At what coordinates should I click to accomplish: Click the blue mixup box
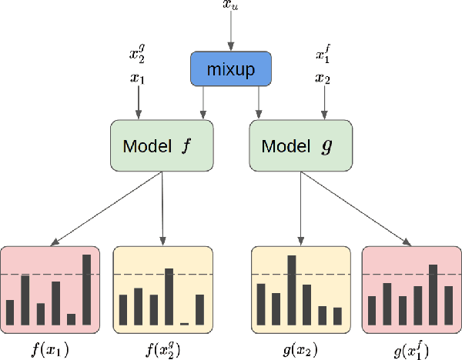click(231, 68)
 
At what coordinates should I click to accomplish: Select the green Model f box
click(161, 145)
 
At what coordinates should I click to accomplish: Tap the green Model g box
click(300, 145)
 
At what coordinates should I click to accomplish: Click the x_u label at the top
click(230, 6)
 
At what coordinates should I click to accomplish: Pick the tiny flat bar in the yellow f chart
click(185, 322)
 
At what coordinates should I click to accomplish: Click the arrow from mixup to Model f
click(203, 102)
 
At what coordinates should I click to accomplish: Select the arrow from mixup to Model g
click(258, 102)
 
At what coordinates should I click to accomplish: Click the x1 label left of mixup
click(138, 77)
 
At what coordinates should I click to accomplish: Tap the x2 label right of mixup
click(323, 77)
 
